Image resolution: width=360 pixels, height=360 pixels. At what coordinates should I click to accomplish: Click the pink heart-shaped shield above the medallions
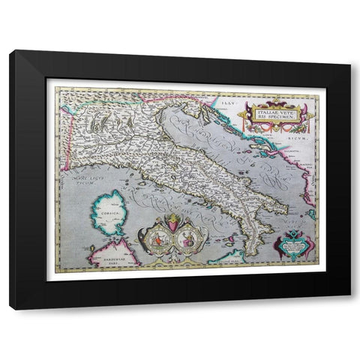[172, 224]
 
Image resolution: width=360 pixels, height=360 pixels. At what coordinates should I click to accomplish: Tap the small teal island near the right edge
[310, 214]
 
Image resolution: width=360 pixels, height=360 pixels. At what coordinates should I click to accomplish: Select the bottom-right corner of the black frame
[349, 308]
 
